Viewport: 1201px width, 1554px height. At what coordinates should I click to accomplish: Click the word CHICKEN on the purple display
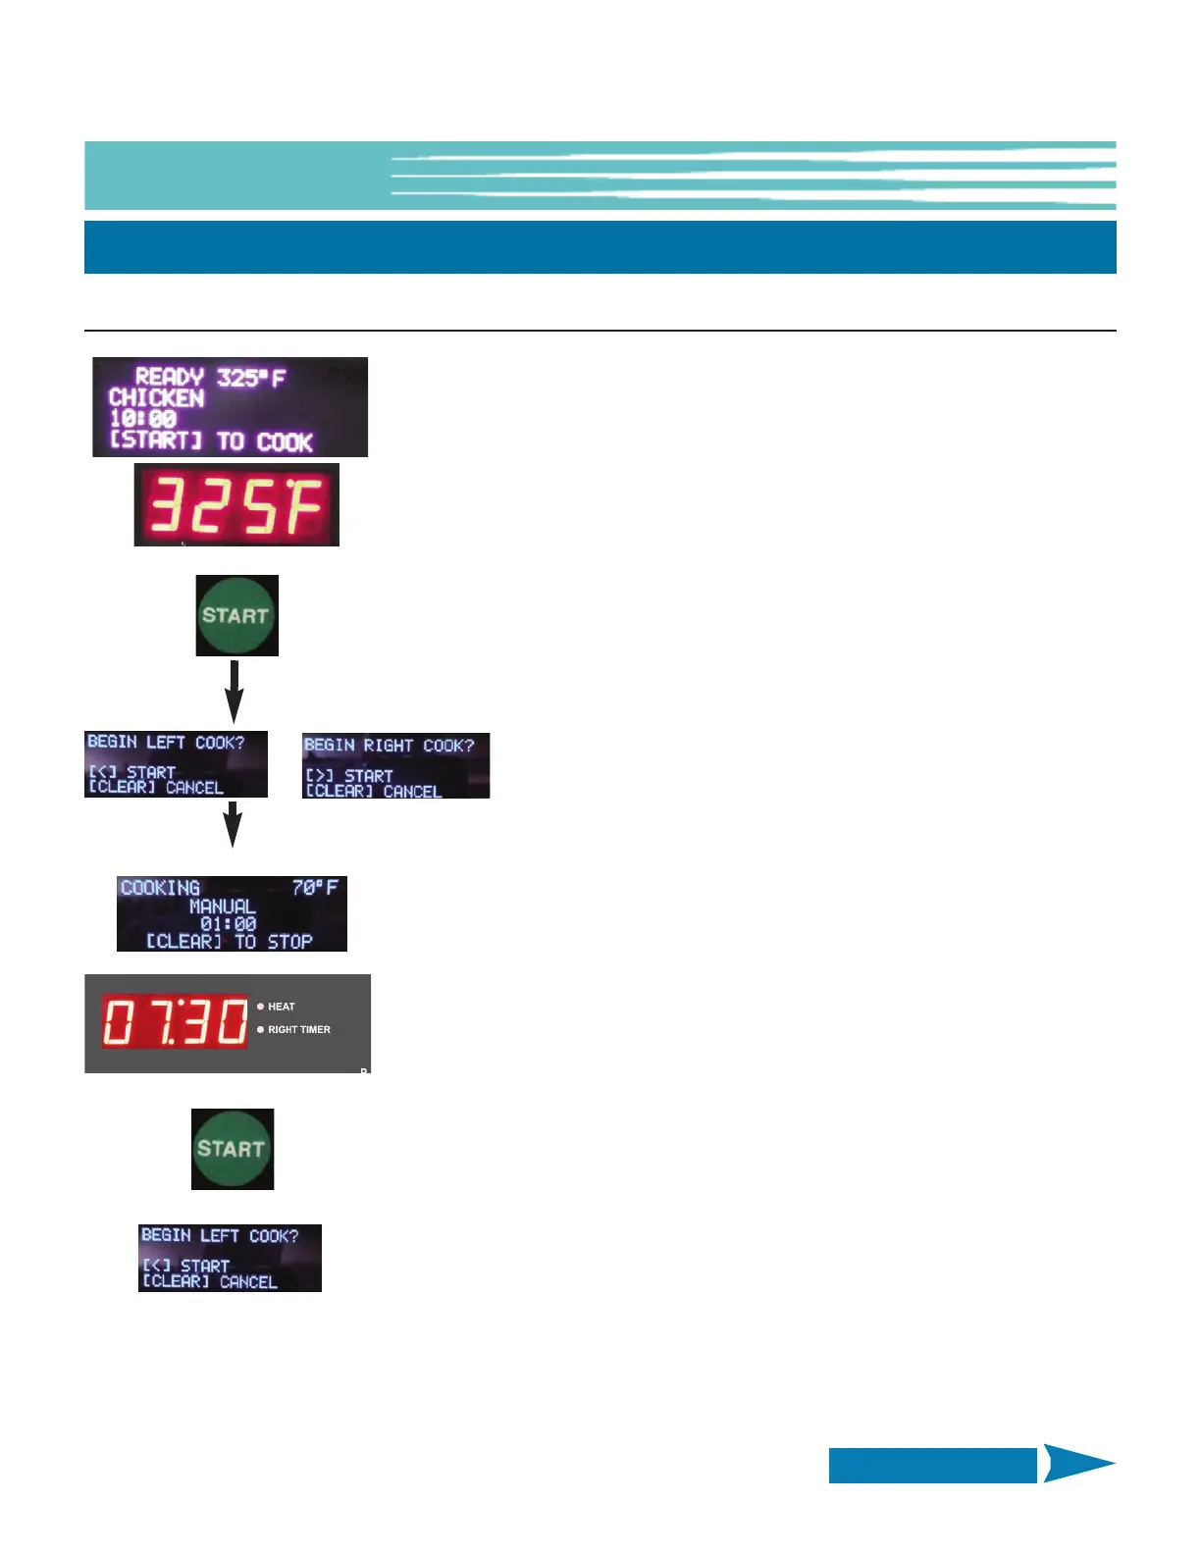[156, 398]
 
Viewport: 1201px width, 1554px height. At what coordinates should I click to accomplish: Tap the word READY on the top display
[169, 377]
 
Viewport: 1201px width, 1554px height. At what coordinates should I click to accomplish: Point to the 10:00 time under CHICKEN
[142, 419]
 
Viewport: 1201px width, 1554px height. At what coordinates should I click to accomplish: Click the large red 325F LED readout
[236, 505]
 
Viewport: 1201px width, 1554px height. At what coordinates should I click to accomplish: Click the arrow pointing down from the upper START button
[234, 693]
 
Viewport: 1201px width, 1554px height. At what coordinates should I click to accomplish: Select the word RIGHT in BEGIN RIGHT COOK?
[389, 746]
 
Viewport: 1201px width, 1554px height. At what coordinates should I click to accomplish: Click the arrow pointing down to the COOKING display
[233, 824]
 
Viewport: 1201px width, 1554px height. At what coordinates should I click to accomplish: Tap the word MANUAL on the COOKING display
[223, 906]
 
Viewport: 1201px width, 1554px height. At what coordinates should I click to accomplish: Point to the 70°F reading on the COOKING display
[315, 888]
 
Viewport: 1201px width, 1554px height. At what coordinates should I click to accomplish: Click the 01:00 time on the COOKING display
[228, 924]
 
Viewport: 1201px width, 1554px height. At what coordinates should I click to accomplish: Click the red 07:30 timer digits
[176, 1022]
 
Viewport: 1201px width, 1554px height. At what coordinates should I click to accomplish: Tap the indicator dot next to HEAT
[260, 1007]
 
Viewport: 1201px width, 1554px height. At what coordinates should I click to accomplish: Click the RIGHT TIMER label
[299, 1030]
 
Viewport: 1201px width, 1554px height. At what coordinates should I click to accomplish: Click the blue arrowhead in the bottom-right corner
[1077, 1464]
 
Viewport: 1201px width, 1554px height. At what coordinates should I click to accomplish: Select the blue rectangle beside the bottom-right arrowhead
[932, 1465]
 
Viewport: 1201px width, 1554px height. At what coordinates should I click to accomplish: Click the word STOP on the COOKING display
[289, 942]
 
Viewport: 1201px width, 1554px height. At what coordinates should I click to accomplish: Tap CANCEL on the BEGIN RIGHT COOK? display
[412, 791]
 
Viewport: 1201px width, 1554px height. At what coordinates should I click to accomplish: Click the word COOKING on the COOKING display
[160, 888]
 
